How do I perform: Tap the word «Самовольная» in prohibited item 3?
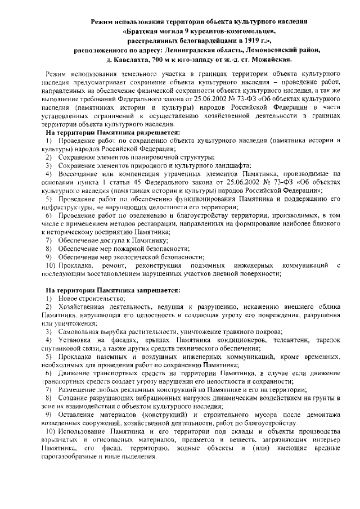pyautogui.click(x=75, y=332)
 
